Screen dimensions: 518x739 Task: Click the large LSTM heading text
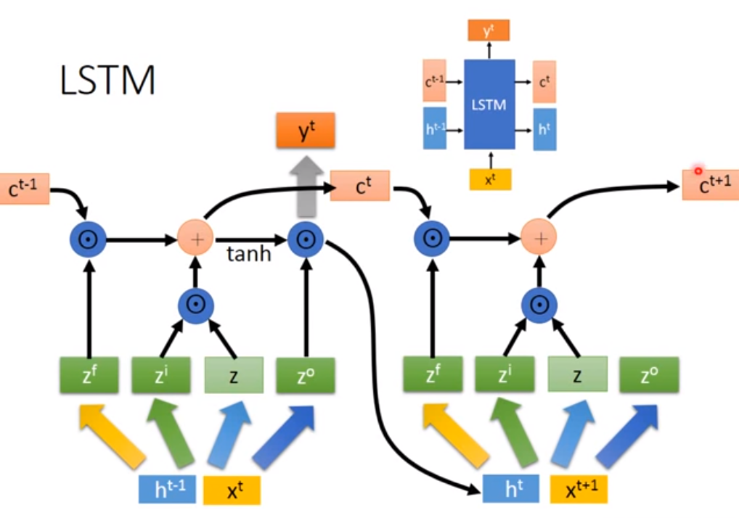point(107,81)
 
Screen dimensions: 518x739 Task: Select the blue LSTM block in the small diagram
point(489,104)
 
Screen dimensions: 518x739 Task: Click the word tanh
point(249,254)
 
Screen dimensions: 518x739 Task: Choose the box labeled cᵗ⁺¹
point(709,186)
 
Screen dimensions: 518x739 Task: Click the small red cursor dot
point(698,171)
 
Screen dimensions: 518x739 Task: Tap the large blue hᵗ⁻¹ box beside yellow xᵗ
point(168,490)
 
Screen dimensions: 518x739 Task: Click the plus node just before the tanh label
point(195,237)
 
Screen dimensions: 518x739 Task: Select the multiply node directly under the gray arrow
point(304,238)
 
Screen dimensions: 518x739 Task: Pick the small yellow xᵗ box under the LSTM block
point(490,178)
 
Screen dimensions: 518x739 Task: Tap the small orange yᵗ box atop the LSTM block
point(489,30)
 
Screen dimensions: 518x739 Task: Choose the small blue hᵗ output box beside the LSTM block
point(544,129)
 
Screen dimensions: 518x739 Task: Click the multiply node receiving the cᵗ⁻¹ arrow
point(88,238)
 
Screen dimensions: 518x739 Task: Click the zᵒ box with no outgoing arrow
point(649,375)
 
